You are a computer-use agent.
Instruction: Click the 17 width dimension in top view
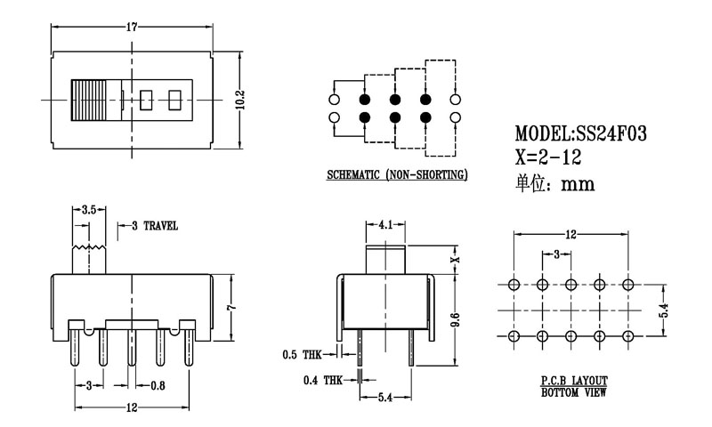coord(132,27)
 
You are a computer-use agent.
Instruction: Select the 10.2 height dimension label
coord(239,98)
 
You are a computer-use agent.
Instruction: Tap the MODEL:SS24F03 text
coord(580,134)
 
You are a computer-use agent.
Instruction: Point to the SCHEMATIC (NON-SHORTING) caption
coord(396,175)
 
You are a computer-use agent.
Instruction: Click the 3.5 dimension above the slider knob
coord(88,211)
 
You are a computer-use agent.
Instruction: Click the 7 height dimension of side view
coord(230,307)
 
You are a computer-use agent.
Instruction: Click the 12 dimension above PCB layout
coord(571,235)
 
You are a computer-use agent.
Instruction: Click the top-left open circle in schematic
coord(335,99)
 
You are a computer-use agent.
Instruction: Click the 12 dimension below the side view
coord(132,407)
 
